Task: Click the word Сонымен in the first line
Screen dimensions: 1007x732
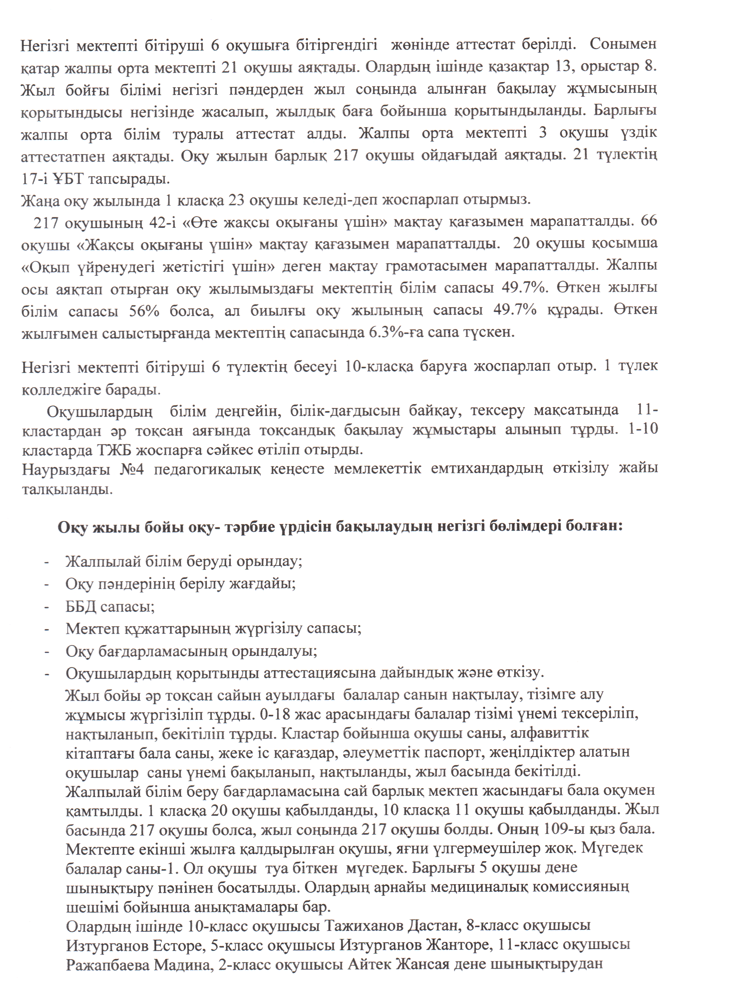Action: [623, 45]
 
